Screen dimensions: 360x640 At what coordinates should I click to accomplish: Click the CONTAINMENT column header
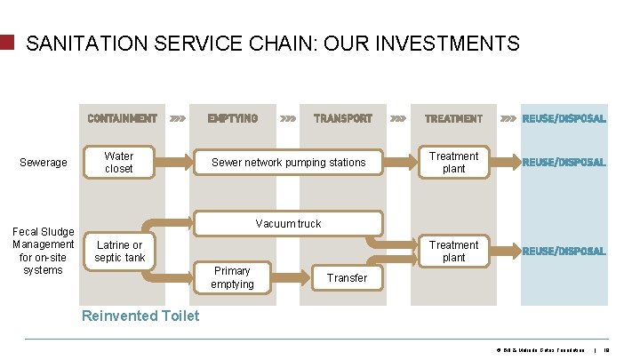122,118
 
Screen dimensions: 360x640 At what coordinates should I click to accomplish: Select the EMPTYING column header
232,118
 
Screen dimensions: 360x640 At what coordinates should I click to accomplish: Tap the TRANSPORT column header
343,118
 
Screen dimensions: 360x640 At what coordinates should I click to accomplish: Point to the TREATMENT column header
453,118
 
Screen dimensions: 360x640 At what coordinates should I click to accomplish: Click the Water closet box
119,162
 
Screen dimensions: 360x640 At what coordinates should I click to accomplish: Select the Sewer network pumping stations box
288,162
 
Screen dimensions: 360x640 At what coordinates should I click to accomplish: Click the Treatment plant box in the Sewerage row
453,162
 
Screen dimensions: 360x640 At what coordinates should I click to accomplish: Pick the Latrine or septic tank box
119,251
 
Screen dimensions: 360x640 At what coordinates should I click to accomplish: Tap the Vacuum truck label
288,223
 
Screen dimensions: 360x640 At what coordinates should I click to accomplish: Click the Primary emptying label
232,277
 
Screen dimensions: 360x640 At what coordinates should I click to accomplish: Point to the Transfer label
346,278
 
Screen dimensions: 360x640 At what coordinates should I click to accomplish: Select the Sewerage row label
44,163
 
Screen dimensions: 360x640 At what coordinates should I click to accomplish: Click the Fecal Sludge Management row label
44,251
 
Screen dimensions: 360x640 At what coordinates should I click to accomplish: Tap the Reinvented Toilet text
140,316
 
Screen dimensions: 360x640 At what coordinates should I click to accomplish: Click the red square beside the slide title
8,42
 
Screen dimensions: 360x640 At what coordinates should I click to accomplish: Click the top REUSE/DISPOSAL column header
564,118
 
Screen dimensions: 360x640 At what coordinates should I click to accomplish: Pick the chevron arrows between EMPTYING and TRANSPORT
288,118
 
